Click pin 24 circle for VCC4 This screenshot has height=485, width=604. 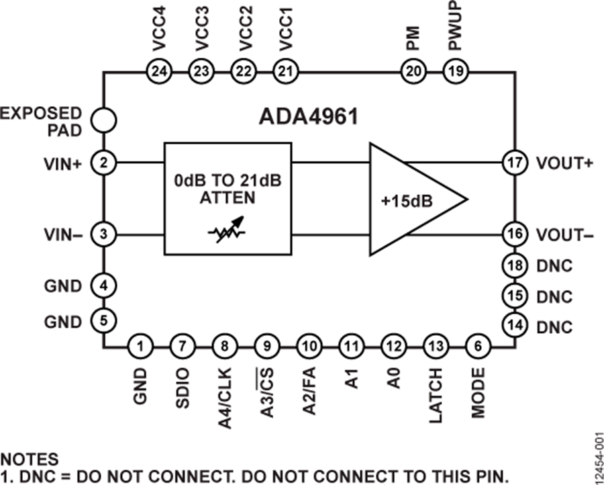tap(159, 71)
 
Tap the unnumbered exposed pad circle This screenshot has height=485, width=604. tap(103, 121)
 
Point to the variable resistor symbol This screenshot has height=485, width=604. tap(228, 234)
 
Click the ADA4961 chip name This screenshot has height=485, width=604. tap(309, 116)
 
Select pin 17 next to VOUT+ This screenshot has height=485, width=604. tap(515, 162)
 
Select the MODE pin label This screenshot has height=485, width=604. tap(478, 393)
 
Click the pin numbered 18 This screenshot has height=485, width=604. tap(515, 266)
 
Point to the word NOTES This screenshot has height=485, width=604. tap(29, 460)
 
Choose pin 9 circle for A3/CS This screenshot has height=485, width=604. tap(267, 347)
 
